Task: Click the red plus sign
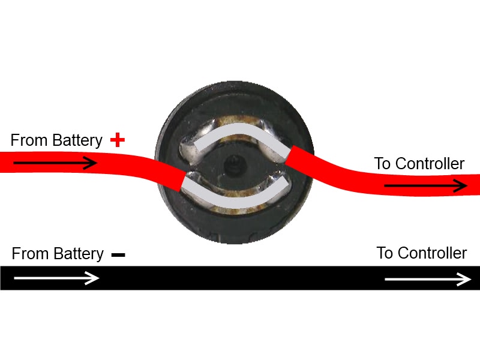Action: [x=118, y=140]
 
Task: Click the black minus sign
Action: [x=118, y=254]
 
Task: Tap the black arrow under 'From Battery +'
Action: [x=55, y=163]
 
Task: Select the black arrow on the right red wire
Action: [x=425, y=186]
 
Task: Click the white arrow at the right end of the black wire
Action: [x=428, y=279]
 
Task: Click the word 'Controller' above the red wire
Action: [x=430, y=163]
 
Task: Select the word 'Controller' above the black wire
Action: [x=433, y=253]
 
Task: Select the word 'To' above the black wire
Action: [x=385, y=253]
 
